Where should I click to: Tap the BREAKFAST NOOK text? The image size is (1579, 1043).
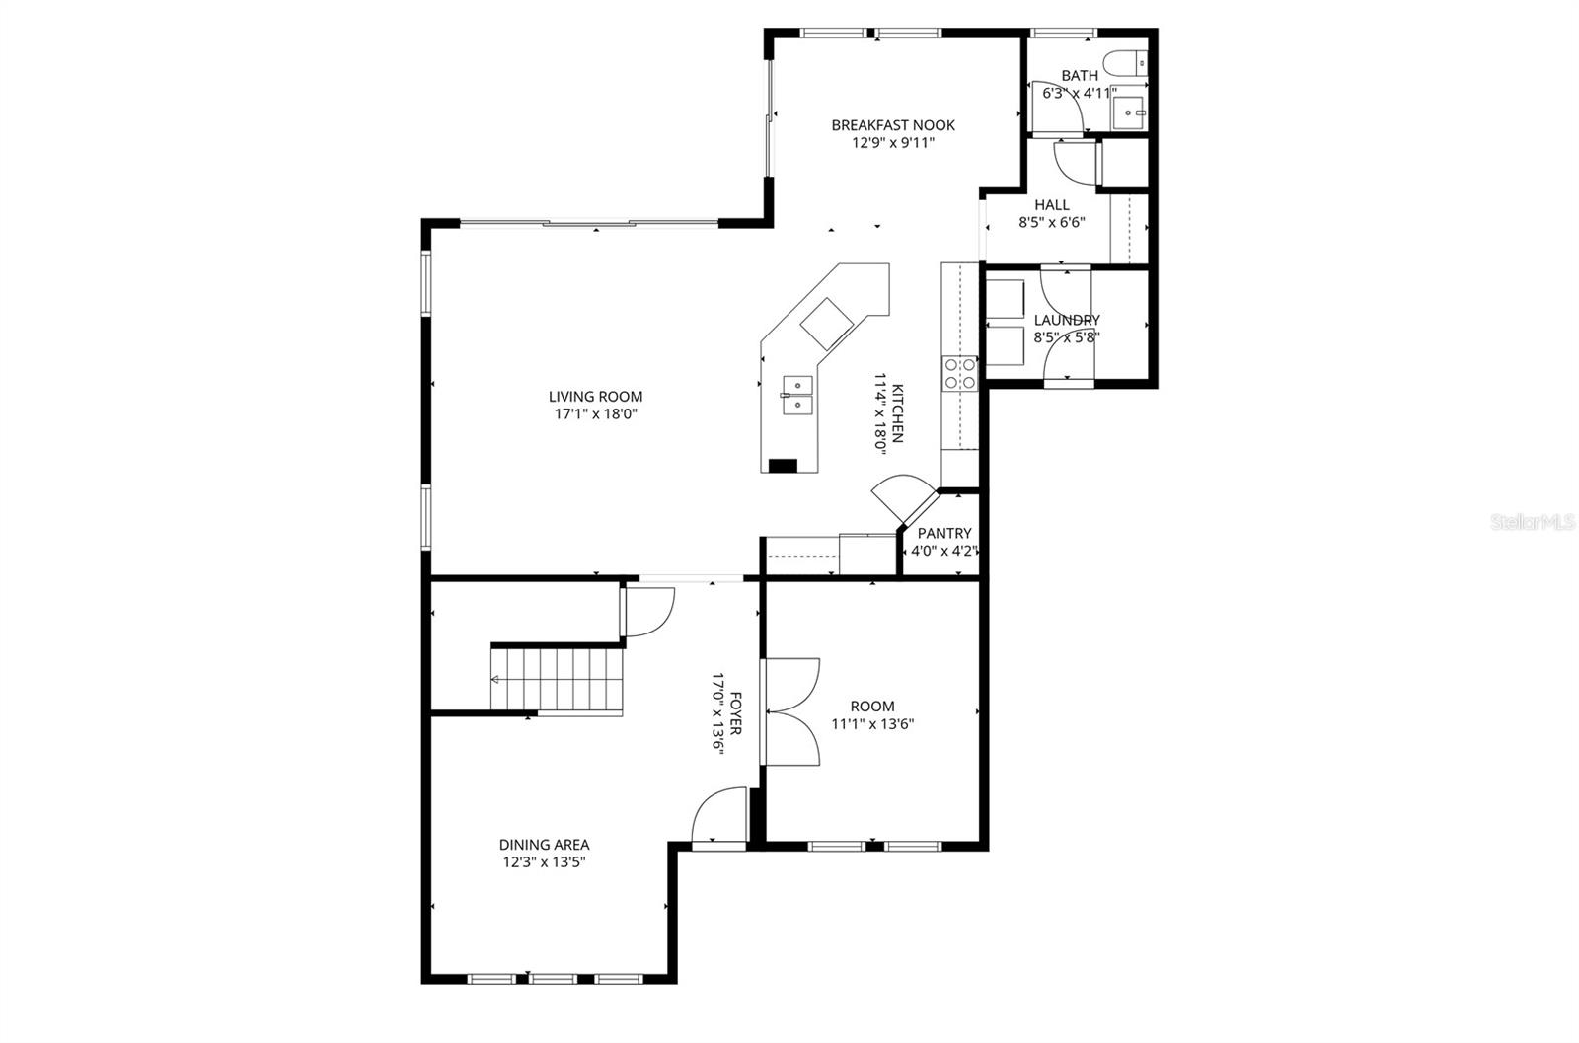click(x=892, y=125)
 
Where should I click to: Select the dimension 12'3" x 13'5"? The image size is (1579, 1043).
click(x=544, y=861)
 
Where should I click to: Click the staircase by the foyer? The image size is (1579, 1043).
click(x=559, y=679)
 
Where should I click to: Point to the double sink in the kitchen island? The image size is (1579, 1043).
click(x=796, y=393)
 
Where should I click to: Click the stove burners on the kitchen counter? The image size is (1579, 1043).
click(x=959, y=372)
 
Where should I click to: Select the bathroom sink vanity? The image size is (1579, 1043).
click(x=1129, y=113)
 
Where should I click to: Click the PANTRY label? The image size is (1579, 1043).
click(x=944, y=534)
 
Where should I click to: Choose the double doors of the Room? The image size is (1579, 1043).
click(x=793, y=710)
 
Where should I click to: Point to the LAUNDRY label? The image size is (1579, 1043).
click(x=1067, y=320)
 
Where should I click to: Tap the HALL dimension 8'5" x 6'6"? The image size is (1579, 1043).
click(x=1051, y=223)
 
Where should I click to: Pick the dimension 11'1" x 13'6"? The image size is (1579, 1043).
click(x=872, y=723)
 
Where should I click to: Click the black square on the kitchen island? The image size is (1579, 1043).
click(x=783, y=466)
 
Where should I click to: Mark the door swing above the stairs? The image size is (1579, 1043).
click(x=648, y=612)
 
